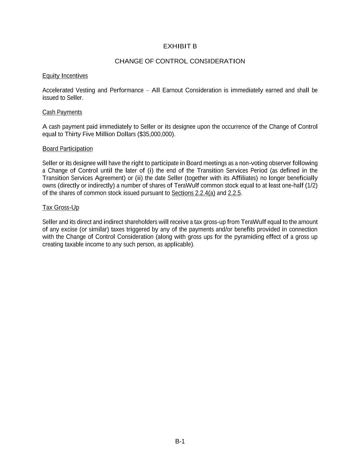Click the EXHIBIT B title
(180, 46)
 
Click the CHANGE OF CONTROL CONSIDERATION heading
(180, 61)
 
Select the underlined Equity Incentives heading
(65, 76)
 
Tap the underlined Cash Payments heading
(62, 112)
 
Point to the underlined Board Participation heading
(68, 149)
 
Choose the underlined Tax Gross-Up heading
(61, 208)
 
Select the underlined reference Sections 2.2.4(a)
(193, 193)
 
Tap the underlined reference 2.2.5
(234, 193)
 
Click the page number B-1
(180, 441)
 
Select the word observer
(280, 163)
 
